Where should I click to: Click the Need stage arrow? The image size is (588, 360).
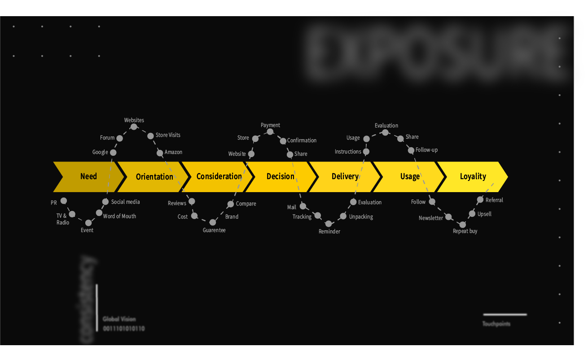pyautogui.click(x=88, y=176)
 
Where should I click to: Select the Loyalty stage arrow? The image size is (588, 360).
pyautogui.click(x=473, y=176)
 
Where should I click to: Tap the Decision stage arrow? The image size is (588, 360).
pyautogui.click(x=280, y=176)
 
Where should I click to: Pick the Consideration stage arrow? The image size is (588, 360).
pyautogui.click(x=219, y=176)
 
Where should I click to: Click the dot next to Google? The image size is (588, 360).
pyautogui.click(x=113, y=153)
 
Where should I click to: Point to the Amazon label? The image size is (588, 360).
pyautogui.click(x=173, y=152)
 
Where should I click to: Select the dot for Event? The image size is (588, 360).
pyautogui.click(x=88, y=223)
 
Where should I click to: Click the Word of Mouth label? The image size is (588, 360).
pyautogui.click(x=119, y=216)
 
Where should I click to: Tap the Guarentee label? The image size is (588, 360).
pyautogui.click(x=214, y=230)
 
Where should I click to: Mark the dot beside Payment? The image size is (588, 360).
pyautogui.click(x=270, y=132)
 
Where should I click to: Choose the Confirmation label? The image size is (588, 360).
pyautogui.click(x=302, y=140)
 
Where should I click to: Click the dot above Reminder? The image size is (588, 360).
pyautogui.click(x=329, y=224)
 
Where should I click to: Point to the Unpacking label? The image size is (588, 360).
pyautogui.click(x=361, y=217)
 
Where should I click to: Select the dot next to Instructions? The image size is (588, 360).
pyautogui.click(x=366, y=152)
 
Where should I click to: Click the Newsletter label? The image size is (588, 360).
pyautogui.click(x=431, y=218)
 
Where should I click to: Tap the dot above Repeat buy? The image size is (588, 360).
pyautogui.click(x=463, y=224)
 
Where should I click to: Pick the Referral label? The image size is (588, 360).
pyautogui.click(x=494, y=200)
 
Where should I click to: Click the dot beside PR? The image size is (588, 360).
pyautogui.click(x=64, y=201)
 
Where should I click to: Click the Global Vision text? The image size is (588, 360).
pyautogui.click(x=119, y=319)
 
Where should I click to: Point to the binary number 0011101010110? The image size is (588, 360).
pyautogui.click(x=124, y=329)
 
